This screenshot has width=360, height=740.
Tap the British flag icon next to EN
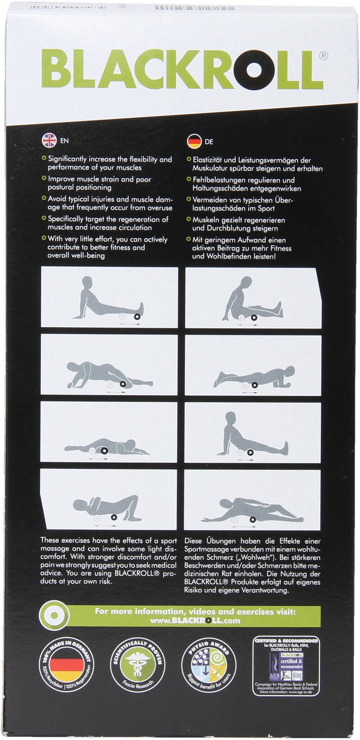click(x=49, y=140)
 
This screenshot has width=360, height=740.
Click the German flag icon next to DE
click(x=194, y=142)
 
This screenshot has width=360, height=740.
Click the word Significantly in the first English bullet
click(x=67, y=159)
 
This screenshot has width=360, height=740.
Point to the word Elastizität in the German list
click(x=207, y=160)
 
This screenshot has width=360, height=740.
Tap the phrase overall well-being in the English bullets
click(x=76, y=255)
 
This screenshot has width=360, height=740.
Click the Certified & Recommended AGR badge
click(x=286, y=666)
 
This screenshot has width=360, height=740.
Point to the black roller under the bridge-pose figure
click(x=114, y=517)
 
